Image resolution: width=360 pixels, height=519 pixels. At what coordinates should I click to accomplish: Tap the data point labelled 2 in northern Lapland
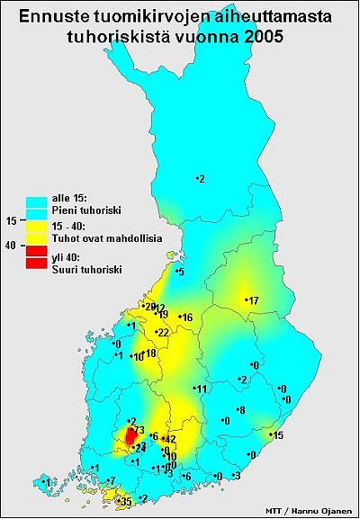tap(201, 179)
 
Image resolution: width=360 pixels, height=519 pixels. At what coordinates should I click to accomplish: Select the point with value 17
tap(251, 300)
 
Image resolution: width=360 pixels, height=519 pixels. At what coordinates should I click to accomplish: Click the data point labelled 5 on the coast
tap(179, 272)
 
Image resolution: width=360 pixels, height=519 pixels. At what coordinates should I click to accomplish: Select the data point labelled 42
tap(167, 439)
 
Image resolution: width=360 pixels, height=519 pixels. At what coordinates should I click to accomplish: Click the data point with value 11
tap(200, 389)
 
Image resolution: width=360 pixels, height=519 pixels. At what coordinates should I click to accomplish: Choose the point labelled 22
tap(161, 333)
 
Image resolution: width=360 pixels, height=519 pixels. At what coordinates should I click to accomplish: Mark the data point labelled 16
tap(185, 318)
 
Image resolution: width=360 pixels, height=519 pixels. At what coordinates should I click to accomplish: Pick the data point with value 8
tap(238, 410)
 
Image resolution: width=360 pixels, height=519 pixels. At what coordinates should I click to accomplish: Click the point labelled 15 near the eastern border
tap(275, 436)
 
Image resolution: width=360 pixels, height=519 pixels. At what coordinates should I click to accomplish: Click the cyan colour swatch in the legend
tap(36, 197)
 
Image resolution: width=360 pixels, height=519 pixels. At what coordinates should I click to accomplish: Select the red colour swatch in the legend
tap(36, 257)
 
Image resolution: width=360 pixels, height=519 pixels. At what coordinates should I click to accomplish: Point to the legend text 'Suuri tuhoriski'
tap(86, 269)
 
